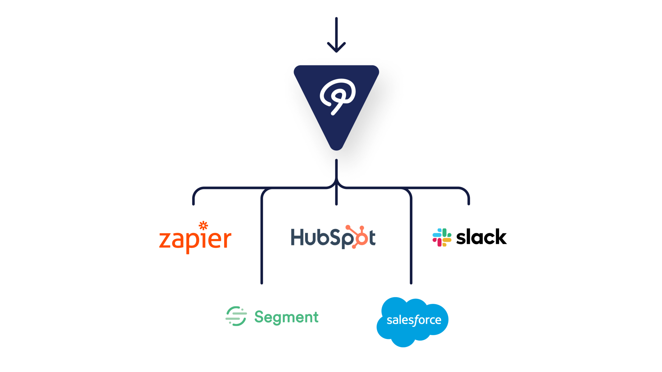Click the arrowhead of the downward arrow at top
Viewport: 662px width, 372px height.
(336, 49)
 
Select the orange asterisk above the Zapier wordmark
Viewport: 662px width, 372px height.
(203, 226)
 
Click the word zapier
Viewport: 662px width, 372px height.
(195, 239)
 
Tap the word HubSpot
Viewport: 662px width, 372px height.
(333, 237)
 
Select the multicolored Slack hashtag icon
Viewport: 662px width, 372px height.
(442, 237)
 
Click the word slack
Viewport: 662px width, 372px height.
(481, 237)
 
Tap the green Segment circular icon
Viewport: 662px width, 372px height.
(236, 316)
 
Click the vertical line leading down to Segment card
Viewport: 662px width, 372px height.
(262, 244)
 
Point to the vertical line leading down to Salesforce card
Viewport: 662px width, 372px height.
(411, 244)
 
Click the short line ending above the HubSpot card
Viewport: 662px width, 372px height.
(336, 198)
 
